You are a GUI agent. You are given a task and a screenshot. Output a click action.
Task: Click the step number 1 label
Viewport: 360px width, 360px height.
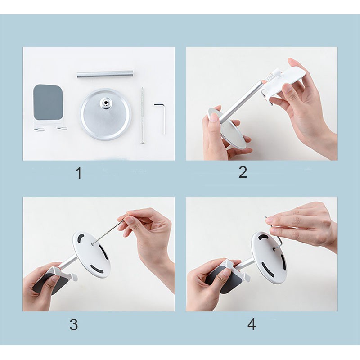tap(79, 173)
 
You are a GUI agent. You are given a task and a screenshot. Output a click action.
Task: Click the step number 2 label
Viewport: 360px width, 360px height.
tap(243, 172)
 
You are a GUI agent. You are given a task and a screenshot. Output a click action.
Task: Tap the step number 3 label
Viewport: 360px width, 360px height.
tap(74, 324)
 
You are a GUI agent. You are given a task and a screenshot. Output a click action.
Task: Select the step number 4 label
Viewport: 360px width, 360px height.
tap(252, 324)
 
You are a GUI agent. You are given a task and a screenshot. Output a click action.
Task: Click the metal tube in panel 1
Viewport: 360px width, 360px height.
tap(105, 75)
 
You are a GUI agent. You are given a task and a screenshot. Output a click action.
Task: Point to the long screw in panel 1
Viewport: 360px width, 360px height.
tap(143, 116)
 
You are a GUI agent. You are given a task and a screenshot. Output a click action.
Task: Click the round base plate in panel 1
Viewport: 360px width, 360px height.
tap(106, 114)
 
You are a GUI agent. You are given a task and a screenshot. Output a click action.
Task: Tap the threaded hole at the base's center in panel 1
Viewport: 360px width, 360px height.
tap(106, 102)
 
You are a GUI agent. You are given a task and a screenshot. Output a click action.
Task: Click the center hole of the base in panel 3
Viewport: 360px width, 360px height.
tap(92, 243)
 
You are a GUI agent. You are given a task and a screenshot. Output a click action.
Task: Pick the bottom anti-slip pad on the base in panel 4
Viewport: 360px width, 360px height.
tap(267, 269)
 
